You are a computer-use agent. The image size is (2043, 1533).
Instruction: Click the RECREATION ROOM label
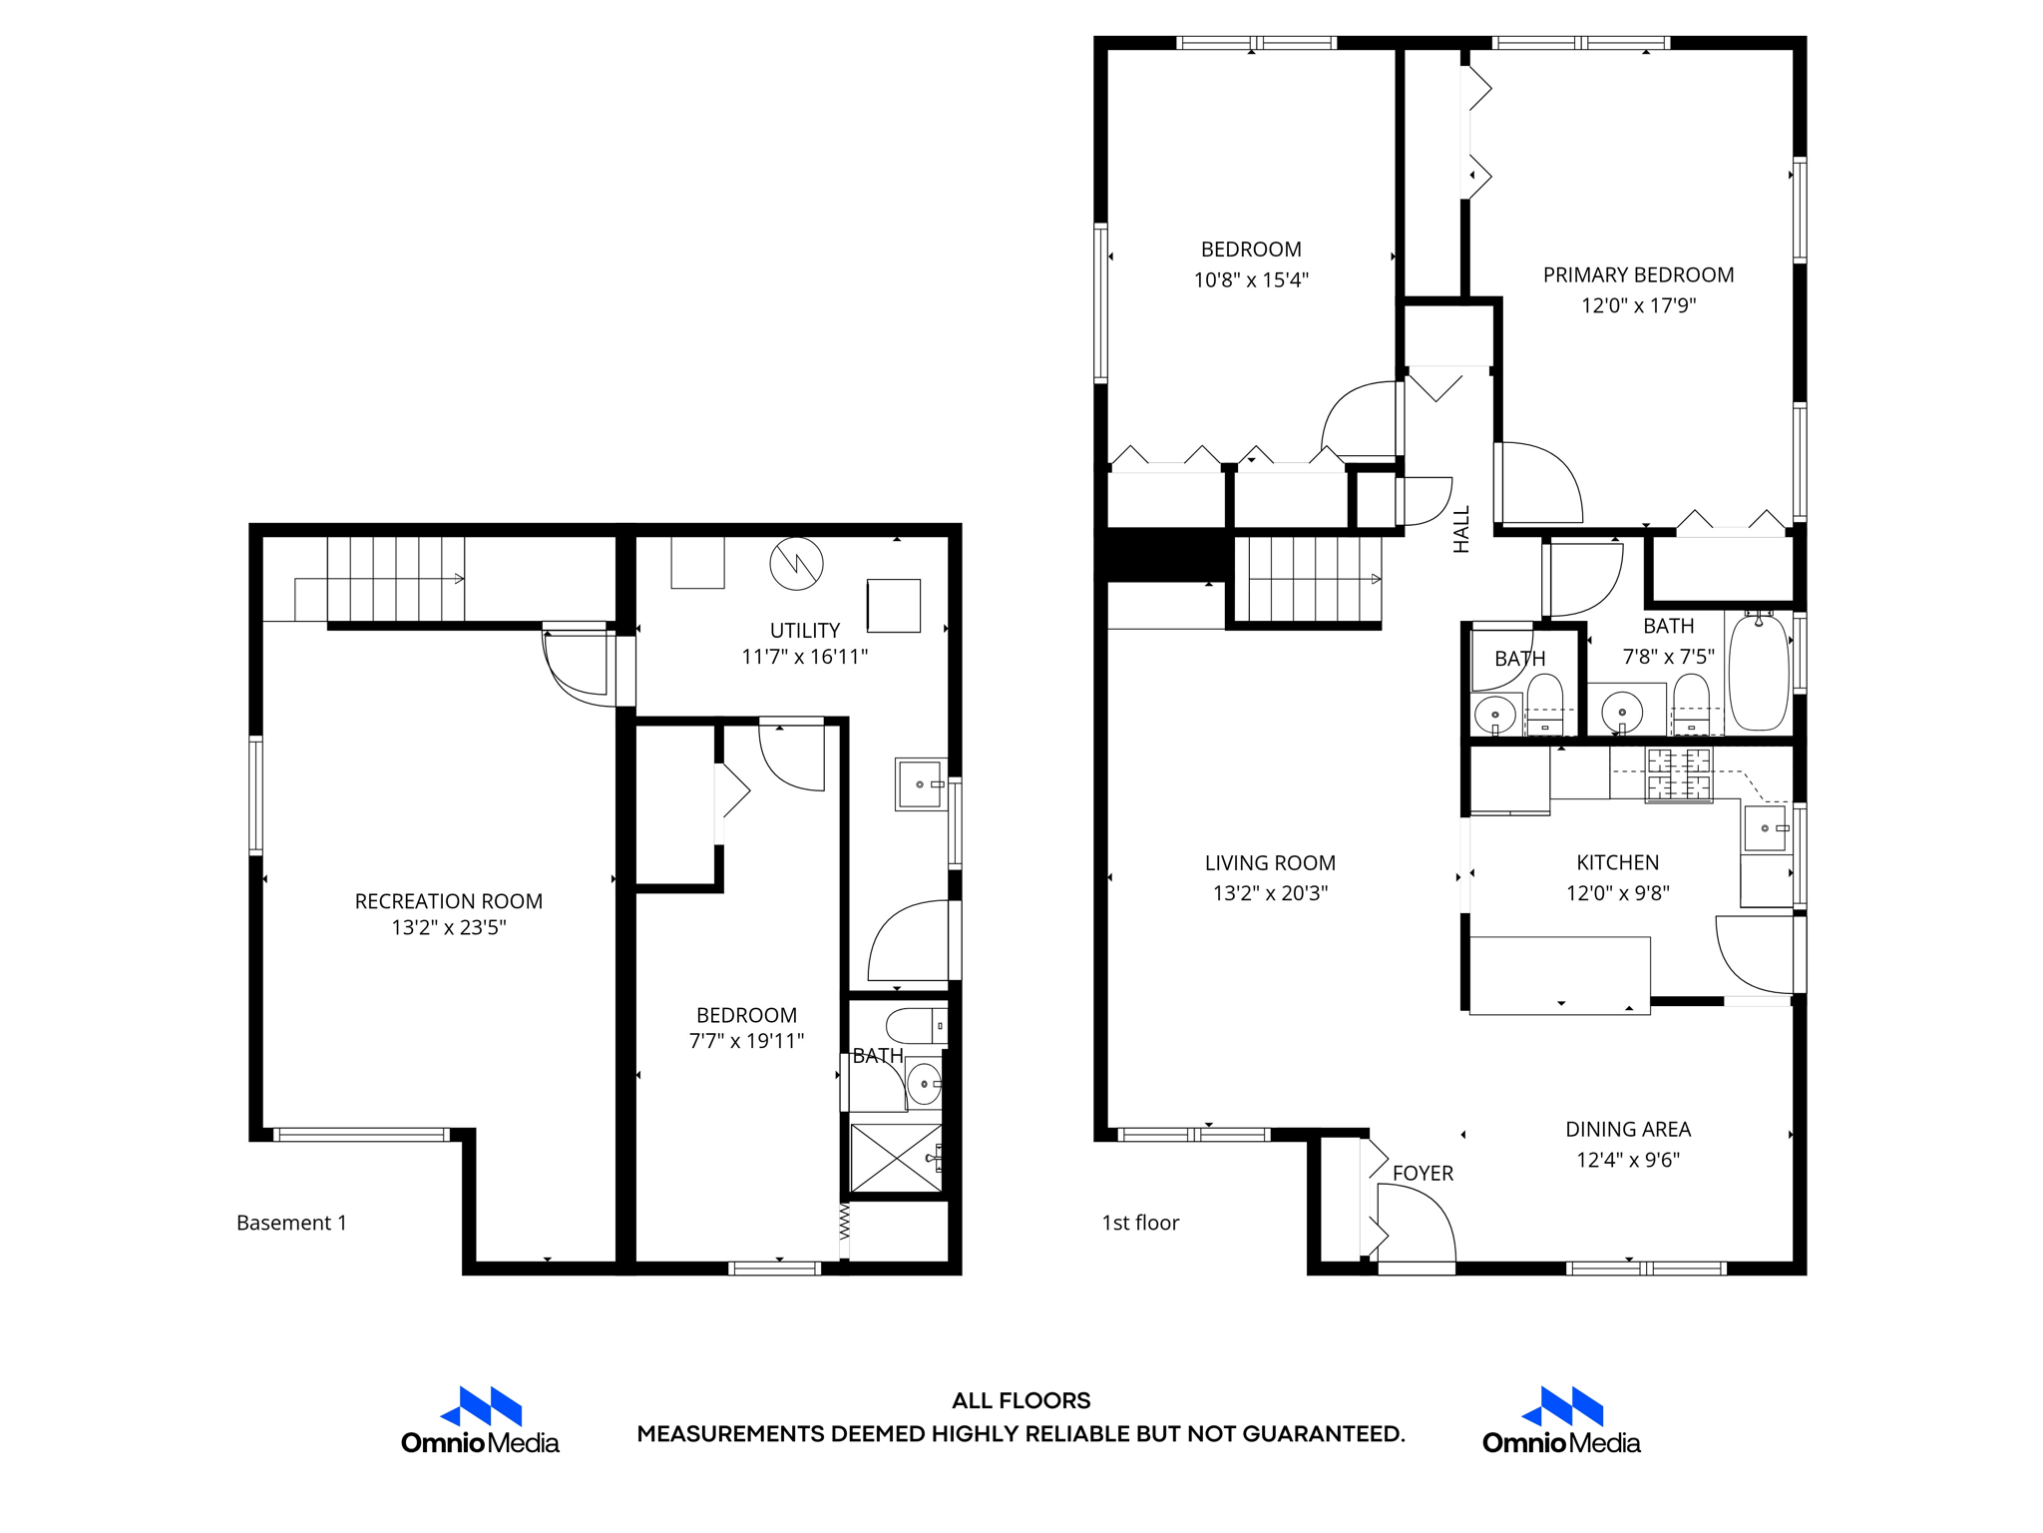pos(448,901)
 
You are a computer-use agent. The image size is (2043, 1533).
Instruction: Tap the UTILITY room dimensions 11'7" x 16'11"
pos(804,657)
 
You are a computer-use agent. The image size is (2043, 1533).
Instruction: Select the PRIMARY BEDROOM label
pos(1638,274)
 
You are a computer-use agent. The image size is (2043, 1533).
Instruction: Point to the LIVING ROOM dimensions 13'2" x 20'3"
pos(1270,893)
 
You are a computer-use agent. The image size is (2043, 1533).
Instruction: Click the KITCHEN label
pos(1617,862)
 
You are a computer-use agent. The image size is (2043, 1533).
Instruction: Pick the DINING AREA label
pos(1628,1129)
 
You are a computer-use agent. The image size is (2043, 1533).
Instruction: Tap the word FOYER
pos(1423,1174)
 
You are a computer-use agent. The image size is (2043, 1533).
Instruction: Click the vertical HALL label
pos(1461,530)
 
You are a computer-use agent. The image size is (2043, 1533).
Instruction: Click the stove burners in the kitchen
pos(1679,774)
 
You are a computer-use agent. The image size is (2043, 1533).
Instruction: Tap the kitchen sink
pos(1766,828)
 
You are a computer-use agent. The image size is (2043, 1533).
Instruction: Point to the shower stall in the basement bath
pos(896,1158)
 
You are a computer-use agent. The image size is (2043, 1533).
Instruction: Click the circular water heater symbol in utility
pos(796,564)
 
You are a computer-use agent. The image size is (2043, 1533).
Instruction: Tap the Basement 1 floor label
pos(291,1223)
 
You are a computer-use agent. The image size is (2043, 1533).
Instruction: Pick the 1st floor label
pos(1140,1223)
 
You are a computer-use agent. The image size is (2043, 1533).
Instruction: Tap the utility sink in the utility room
pos(920,784)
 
